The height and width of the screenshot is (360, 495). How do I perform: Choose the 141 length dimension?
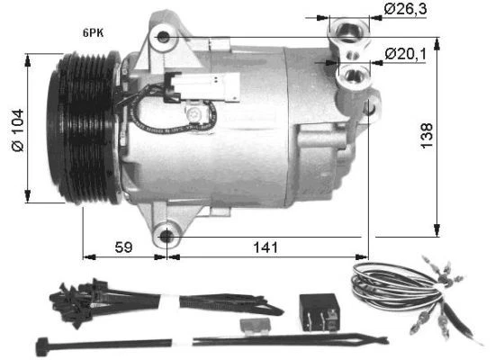pyautogui.click(x=264, y=246)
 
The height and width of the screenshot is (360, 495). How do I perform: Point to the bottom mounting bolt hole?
pyautogui.click(x=166, y=238)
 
